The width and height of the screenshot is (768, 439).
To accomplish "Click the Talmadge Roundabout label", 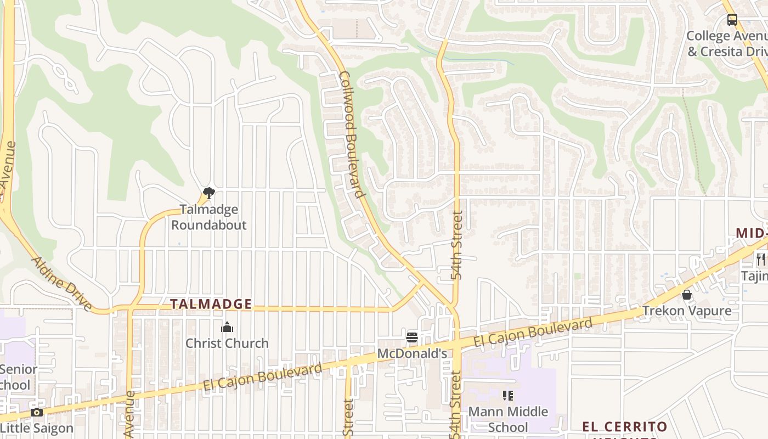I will click(209, 217).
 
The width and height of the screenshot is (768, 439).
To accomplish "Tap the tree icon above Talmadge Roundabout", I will click(208, 193).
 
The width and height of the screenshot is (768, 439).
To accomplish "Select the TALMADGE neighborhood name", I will click(211, 304).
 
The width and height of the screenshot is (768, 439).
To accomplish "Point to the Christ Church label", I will click(227, 344).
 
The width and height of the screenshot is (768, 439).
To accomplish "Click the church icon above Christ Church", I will click(227, 328).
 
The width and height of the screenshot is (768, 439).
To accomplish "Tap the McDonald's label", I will click(412, 354).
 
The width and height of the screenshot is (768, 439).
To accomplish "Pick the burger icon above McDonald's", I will click(412, 337).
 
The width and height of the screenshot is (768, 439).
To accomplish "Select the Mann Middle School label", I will click(508, 419).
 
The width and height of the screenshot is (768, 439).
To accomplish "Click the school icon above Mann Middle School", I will click(508, 395).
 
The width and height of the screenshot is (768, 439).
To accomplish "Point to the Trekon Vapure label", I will click(687, 311).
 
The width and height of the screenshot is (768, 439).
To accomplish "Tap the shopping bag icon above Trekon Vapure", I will click(686, 295).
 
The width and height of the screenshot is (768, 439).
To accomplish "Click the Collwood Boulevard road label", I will click(352, 134).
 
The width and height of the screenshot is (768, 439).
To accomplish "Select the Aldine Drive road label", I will click(61, 283).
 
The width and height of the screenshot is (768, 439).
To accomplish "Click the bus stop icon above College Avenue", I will click(732, 20).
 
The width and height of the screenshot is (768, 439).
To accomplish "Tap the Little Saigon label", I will click(37, 428).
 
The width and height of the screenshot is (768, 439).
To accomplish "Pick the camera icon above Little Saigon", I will click(37, 412).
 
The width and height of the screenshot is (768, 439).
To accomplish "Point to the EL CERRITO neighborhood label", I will click(624, 427).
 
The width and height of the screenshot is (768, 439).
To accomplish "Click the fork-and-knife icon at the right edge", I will click(760, 259).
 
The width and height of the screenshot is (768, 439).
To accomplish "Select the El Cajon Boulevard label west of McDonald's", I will click(263, 377).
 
